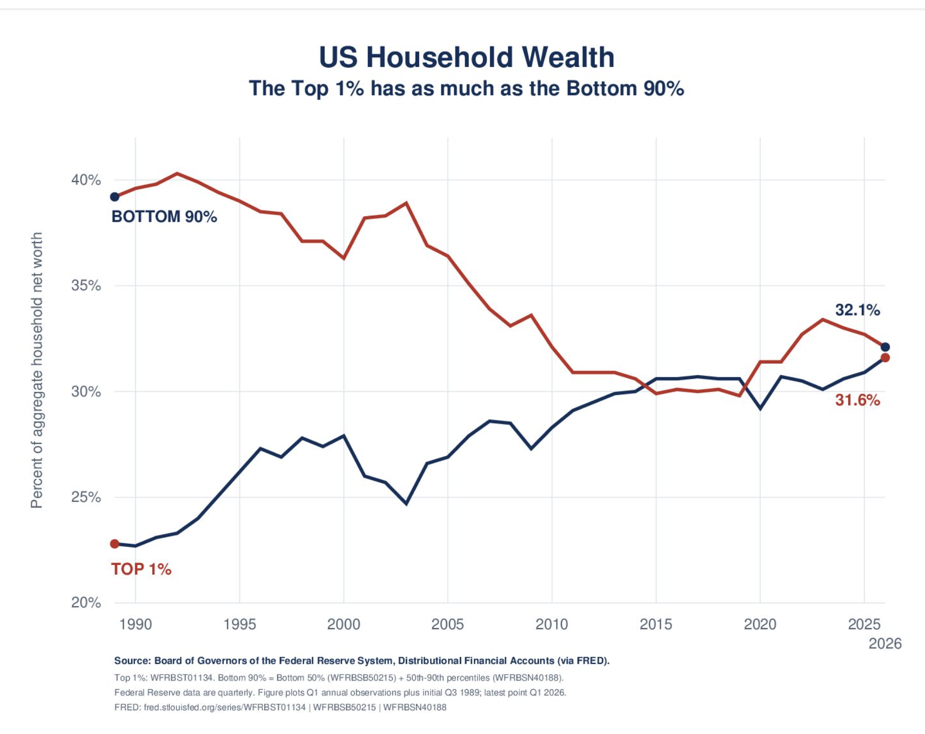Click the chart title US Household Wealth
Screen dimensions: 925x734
[467, 57]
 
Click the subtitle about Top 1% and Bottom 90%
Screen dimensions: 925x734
[466, 89]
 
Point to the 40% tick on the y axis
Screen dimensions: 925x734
[86, 180]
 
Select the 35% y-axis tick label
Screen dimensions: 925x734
[86, 286]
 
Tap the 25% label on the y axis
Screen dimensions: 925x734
[86, 497]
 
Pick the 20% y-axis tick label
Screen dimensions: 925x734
[86, 603]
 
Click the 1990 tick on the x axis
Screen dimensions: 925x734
[136, 625]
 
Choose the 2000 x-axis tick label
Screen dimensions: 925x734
[344, 625]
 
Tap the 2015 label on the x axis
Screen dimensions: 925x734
[656, 625]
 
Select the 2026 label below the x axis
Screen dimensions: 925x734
[885, 644]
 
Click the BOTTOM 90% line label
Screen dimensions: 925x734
[164, 217]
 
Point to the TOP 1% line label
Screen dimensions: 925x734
[142, 569]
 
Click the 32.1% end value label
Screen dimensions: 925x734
[857, 310]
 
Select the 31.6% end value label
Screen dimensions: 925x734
[857, 401]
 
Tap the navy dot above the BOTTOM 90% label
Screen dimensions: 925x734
[115, 197]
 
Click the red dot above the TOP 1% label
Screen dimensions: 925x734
[115, 544]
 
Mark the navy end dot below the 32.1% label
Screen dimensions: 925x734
[885, 347]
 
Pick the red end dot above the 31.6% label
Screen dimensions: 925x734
[885, 358]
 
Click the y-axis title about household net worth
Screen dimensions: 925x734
[36, 370]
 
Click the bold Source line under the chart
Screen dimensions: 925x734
[362, 660]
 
